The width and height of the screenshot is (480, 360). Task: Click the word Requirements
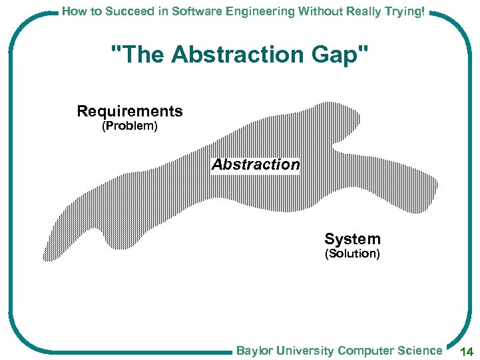pyautogui.click(x=130, y=111)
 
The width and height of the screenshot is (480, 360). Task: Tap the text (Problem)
pyautogui.click(x=129, y=126)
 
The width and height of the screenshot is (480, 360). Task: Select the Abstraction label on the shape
pyautogui.click(x=256, y=164)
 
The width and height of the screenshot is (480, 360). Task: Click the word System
pyautogui.click(x=352, y=239)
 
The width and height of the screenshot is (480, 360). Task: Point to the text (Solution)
pyautogui.click(x=352, y=254)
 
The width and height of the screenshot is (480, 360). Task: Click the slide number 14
pyautogui.click(x=465, y=351)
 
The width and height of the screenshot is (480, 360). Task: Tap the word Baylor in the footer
pyautogui.click(x=254, y=351)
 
